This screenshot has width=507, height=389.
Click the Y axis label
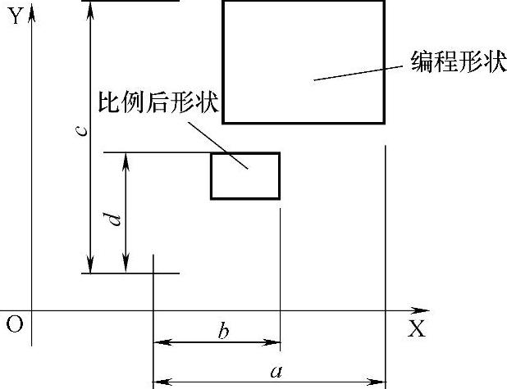(15, 16)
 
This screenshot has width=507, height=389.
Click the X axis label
(417, 329)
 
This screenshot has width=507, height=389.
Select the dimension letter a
(276, 372)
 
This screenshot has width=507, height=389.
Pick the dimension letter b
(223, 332)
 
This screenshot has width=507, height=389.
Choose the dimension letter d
(115, 219)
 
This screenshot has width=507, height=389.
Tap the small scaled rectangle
(245, 176)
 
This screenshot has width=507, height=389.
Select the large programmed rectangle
(304, 61)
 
